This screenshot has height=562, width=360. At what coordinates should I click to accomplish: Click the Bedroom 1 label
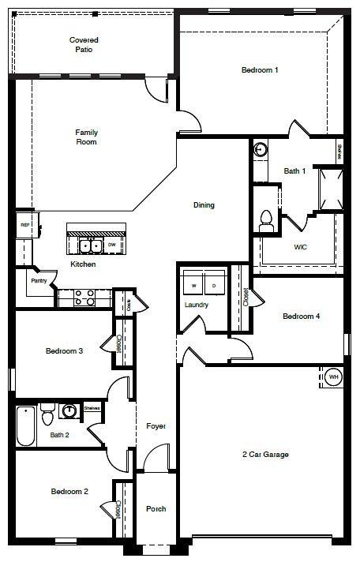(260, 70)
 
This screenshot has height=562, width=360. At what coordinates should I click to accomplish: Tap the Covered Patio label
(81, 44)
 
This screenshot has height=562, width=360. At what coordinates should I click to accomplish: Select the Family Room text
(86, 137)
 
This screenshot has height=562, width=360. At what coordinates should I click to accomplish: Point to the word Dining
(204, 205)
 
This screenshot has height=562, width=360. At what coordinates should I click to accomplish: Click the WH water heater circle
(333, 378)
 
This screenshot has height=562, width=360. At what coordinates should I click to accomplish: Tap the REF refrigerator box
(24, 226)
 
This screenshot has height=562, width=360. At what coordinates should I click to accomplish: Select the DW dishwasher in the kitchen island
(112, 245)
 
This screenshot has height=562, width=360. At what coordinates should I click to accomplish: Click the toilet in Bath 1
(266, 218)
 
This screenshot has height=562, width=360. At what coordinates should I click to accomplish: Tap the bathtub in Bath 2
(24, 426)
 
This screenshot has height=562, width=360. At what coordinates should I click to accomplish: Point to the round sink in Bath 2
(70, 411)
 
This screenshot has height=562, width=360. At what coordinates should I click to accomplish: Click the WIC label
(300, 247)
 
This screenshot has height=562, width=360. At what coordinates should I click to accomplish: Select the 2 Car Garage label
(265, 455)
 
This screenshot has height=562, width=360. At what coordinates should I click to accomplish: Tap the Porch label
(156, 509)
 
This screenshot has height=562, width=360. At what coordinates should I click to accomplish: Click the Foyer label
(156, 427)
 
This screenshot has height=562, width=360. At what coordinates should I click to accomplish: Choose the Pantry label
(38, 280)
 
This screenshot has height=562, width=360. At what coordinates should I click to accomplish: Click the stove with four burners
(84, 298)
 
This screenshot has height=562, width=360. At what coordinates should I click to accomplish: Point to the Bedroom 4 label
(302, 317)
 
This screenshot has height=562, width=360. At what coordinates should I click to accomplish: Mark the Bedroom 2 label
(69, 492)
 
